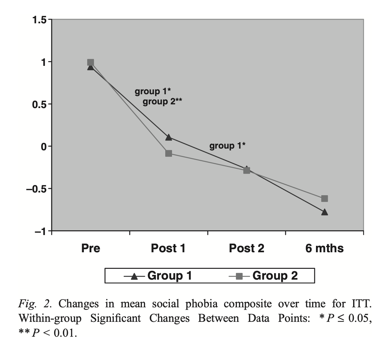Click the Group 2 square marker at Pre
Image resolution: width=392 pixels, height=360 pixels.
pos(91,62)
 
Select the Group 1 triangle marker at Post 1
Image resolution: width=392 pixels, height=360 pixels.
pos(169,137)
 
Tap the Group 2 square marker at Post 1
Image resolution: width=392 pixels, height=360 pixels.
pos(169,153)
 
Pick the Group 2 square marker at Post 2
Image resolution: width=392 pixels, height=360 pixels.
pos(247,171)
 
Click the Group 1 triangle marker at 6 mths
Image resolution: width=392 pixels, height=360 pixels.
pos(325,212)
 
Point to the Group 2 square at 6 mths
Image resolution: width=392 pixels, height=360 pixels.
pos(325,199)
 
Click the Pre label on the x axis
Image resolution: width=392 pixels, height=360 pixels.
pos(91,249)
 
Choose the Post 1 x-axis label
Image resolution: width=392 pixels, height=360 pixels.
pos(168,249)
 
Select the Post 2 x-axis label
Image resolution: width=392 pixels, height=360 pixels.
pos(247,249)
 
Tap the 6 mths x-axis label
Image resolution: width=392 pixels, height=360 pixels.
pos(324,249)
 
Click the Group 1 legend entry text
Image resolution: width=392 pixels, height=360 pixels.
pos(170,276)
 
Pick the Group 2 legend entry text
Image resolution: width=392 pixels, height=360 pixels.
pos(275,276)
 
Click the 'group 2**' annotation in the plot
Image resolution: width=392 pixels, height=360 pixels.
pos(162,101)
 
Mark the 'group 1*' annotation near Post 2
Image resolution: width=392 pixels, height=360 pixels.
pos(227,146)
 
